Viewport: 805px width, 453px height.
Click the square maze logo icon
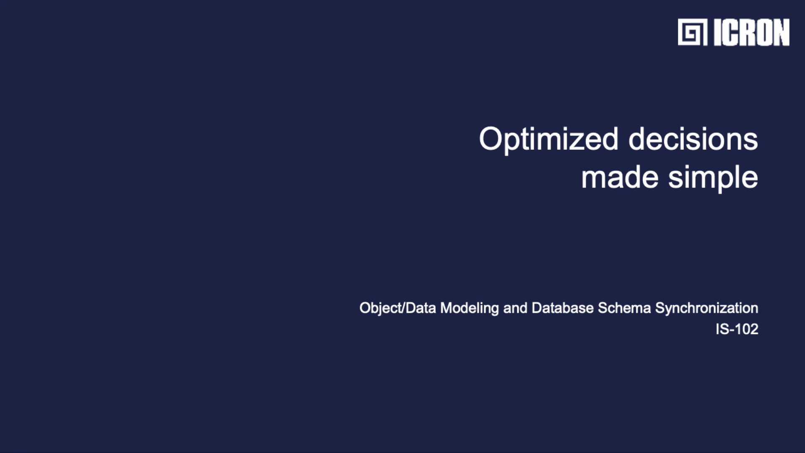693,32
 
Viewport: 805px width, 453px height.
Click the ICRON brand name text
751,32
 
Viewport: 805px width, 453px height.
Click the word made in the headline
620,177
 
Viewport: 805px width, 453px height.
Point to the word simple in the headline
713,179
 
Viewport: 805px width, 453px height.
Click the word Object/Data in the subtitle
397,308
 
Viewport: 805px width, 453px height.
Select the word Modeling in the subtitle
470,309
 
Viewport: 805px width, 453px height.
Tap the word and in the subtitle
515,308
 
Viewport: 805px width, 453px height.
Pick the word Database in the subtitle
563,308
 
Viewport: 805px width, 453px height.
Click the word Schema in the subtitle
624,308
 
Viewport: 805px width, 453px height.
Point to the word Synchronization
707,309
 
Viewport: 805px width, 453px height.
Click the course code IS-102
737,329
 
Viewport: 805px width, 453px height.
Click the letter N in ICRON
781,32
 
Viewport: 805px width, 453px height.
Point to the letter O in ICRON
761,32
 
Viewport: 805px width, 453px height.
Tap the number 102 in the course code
747,329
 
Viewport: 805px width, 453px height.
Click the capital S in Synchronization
660,308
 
